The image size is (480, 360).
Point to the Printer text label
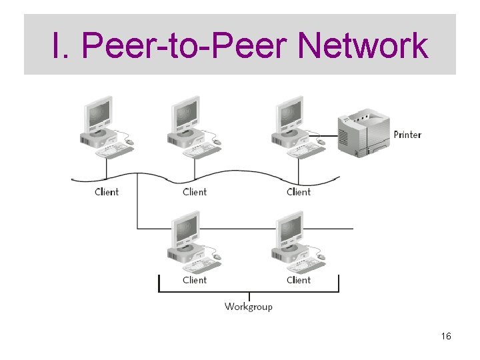(x=407, y=135)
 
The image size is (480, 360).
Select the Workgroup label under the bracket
(x=249, y=307)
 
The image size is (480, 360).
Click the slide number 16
(x=446, y=337)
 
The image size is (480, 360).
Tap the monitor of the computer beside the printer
(x=290, y=115)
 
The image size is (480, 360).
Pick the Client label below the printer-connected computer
(x=299, y=192)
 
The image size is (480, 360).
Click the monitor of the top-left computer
(x=99, y=115)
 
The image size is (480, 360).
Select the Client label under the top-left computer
(x=107, y=192)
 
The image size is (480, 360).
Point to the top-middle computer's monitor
(x=186, y=115)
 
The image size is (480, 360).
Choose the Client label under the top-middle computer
(x=195, y=192)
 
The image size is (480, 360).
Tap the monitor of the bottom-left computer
(x=186, y=229)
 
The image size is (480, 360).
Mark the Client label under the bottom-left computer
(x=195, y=280)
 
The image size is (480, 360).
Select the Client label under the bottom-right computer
(x=299, y=280)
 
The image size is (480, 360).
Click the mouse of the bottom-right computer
(x=321, y=257)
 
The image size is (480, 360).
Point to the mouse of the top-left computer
(x=129, y=142)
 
